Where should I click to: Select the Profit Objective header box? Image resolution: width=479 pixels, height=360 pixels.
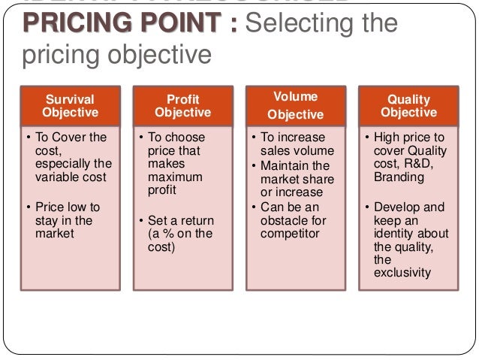182,106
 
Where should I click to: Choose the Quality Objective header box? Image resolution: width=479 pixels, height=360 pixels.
408,106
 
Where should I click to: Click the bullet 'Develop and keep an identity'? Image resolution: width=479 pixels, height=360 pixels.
410,225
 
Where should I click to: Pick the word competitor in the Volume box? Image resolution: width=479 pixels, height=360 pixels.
290,234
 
